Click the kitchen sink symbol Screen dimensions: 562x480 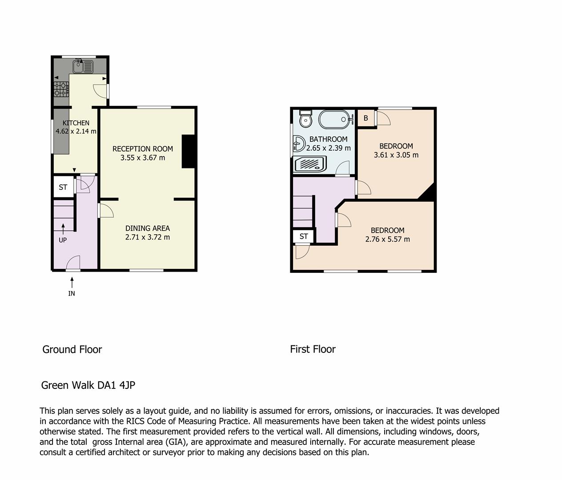pyautogui.click(x=83, y=66)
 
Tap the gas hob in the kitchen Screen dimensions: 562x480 pyautogui.click(x=61, y=89)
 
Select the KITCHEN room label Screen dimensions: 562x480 pyautogui.click(x=76, y=123)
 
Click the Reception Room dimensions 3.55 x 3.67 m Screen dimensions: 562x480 pyautogui.click(x=143, y=158)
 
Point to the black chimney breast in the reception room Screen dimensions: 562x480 pyautogui.click(x=188, y=152)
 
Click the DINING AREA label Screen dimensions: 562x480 pyautogui.click(x=147, y=228)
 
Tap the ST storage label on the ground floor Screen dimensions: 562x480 pyautogui.click(x=63, y=187)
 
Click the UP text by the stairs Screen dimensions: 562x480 pyautogui.click(x=63, y=240)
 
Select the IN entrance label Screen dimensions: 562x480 pyautogui.click(x=72, y=293)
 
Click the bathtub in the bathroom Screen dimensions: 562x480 pyautogui.click(x=334, y=119)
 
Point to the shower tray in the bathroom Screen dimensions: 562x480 pyautogui.click(x=310, y=164)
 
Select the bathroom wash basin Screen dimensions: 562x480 pyautogui.click(x=299, y=144)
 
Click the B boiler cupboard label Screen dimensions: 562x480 pyautogui.click(x=365, y=118)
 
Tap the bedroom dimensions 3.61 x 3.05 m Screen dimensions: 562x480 pyautogui.click(x=396, y=155)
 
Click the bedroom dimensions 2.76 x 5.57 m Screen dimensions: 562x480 pyautogui.click(x=387, y=239)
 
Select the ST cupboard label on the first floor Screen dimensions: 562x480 pyautogui.click(x=304, y=236)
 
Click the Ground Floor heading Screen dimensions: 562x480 pyautogui.click(x=72, y=349)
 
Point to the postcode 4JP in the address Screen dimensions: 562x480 pyautogui.click(x=127, y=385)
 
